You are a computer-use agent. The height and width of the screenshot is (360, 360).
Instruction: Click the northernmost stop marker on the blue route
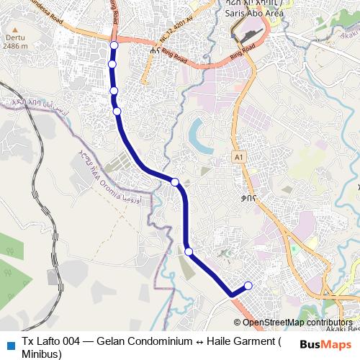tap(113, 46)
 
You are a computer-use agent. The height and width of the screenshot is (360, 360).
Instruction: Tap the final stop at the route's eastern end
tap(248, 286)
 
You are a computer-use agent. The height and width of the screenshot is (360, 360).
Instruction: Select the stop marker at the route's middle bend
tap(175, 181)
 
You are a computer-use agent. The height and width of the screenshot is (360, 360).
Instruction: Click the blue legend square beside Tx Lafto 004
tap(10, 342)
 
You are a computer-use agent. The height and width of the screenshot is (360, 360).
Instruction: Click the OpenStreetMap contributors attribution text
tap(297, 323)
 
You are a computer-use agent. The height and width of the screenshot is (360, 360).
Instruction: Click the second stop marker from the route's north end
tap(112, 65)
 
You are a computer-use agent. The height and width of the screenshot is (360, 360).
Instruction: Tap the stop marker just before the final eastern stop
tap(189, 251)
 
